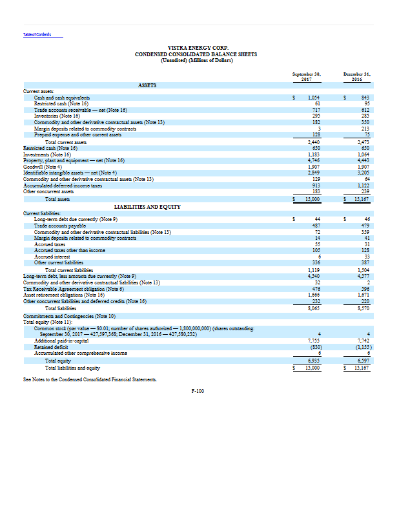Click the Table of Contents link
click(x=37, y=34)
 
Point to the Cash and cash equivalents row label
click(x=61, y=97)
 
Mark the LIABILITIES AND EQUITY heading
click(x=147, y=206)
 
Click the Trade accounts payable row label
click(x=59, y=225)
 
